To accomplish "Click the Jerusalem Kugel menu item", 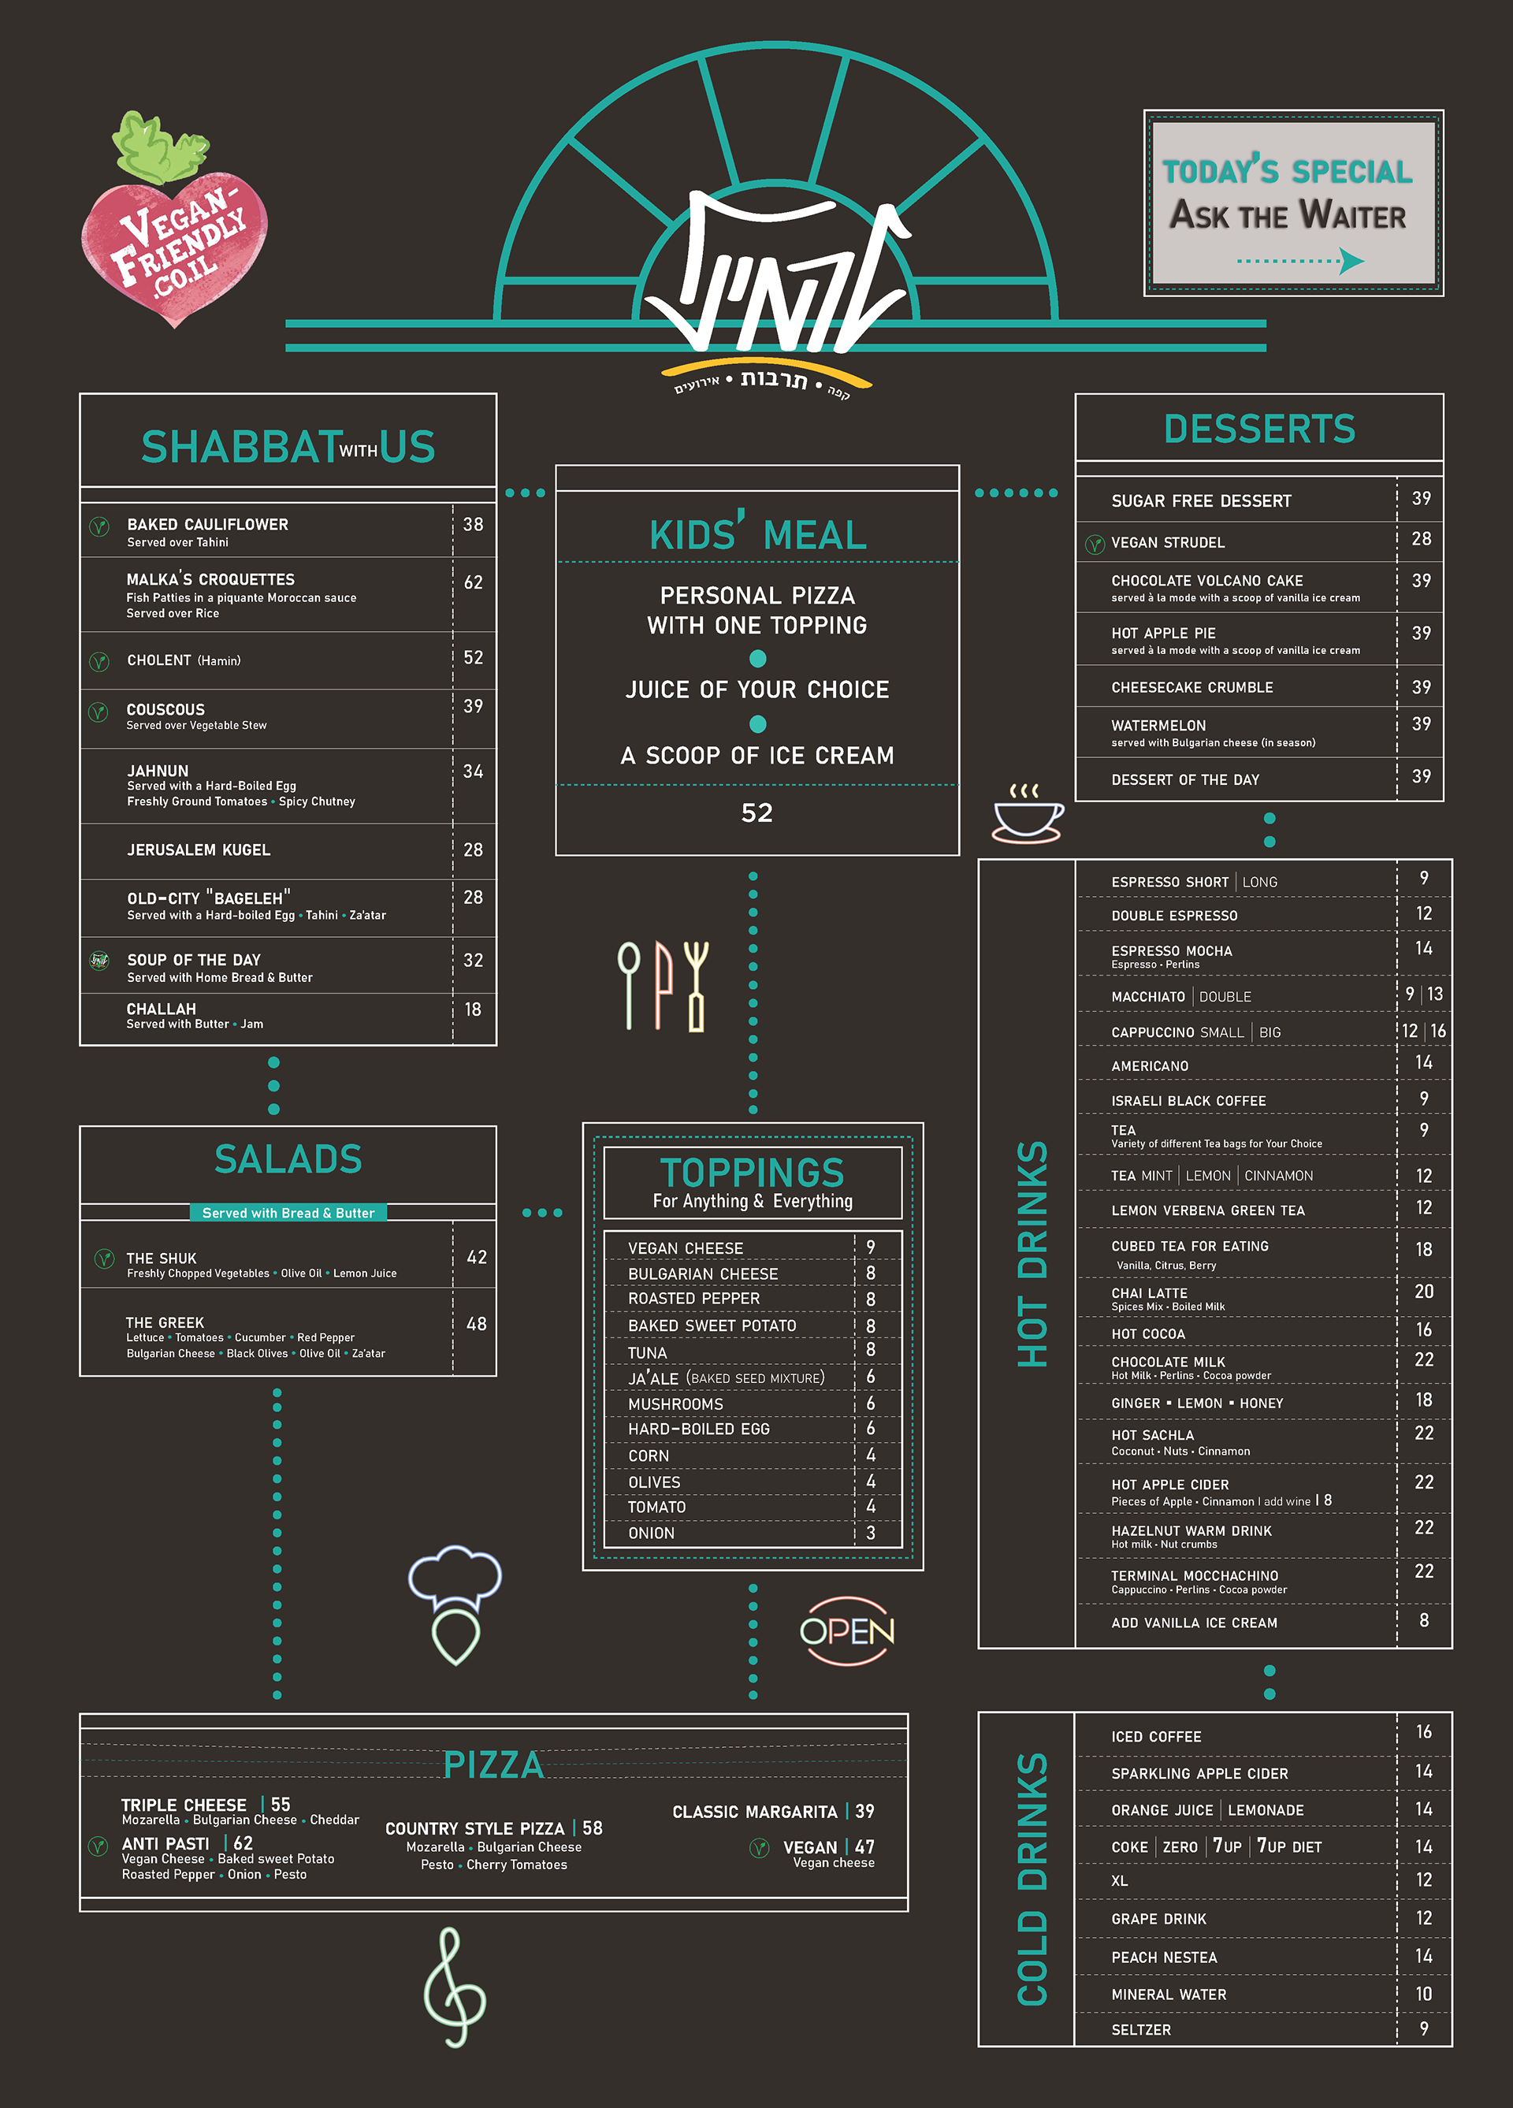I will coord(199,850).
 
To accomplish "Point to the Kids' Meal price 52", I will coord(756,813).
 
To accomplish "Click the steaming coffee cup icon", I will coord(1027,815).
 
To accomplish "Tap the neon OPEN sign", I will coord(846,1630).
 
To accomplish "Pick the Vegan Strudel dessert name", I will coord(1167,543).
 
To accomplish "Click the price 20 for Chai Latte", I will coord(1424,1292).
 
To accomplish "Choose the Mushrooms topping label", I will coord(675,1403).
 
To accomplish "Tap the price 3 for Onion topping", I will coord(871,1533).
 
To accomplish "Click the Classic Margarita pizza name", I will coord(755,1812).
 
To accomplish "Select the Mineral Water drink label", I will coord(1168,1995).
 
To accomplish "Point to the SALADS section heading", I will coord(288,1159).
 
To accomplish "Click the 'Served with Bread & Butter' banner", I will coord(288,1213).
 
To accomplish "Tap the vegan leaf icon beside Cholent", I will coord(99,662).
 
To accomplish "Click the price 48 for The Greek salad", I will coord(476,1324).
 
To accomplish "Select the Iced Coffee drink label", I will coord(1156,1736).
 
